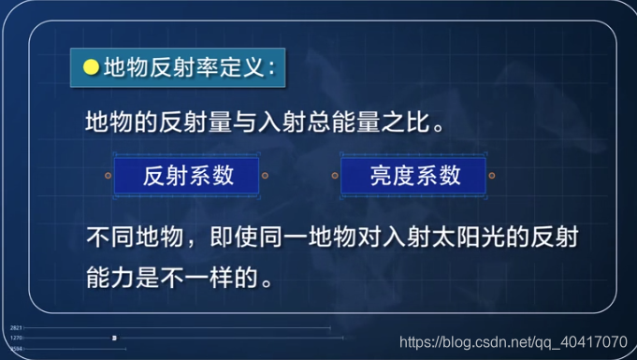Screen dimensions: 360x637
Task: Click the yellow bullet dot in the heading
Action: (92, 67)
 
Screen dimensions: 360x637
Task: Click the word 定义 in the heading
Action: (240, 67)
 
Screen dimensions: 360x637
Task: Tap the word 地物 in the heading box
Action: (122, 67)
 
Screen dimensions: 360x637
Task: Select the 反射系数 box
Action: (187, 175)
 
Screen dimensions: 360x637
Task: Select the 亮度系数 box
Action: (413, 175)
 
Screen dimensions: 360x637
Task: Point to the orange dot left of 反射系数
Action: (109, 175)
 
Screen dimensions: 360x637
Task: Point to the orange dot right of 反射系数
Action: (266, 175)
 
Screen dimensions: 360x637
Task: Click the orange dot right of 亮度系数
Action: (492, 175)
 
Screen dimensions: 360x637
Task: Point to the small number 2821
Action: (15, 328)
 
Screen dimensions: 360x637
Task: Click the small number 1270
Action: (15, 338)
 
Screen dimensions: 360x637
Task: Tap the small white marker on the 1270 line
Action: (114, 338)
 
